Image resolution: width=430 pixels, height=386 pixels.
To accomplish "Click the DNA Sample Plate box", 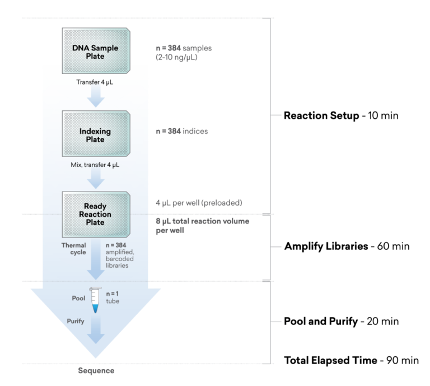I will point(96,52).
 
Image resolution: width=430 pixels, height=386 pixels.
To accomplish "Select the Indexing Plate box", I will point(96,135).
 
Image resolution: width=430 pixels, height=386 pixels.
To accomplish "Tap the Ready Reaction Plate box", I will point(96,214).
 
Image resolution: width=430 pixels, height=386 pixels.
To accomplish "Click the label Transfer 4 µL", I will point(95,82).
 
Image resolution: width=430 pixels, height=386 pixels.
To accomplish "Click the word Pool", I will point(79,298).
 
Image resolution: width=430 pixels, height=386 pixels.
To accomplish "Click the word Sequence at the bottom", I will point(96,371).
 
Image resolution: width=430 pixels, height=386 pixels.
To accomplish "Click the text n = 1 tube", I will point(113,297).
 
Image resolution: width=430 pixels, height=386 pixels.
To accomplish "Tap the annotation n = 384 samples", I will point(184,48).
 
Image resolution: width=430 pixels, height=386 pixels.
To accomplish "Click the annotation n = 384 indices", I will point(182,131).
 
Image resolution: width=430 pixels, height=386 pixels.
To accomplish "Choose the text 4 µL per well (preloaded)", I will point(199,202).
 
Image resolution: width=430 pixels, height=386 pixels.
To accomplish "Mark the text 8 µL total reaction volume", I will point(202,221).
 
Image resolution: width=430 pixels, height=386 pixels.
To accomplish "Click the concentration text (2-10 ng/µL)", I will point(177,57).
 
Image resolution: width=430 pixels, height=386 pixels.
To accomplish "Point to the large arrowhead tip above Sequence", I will point(96,357).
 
